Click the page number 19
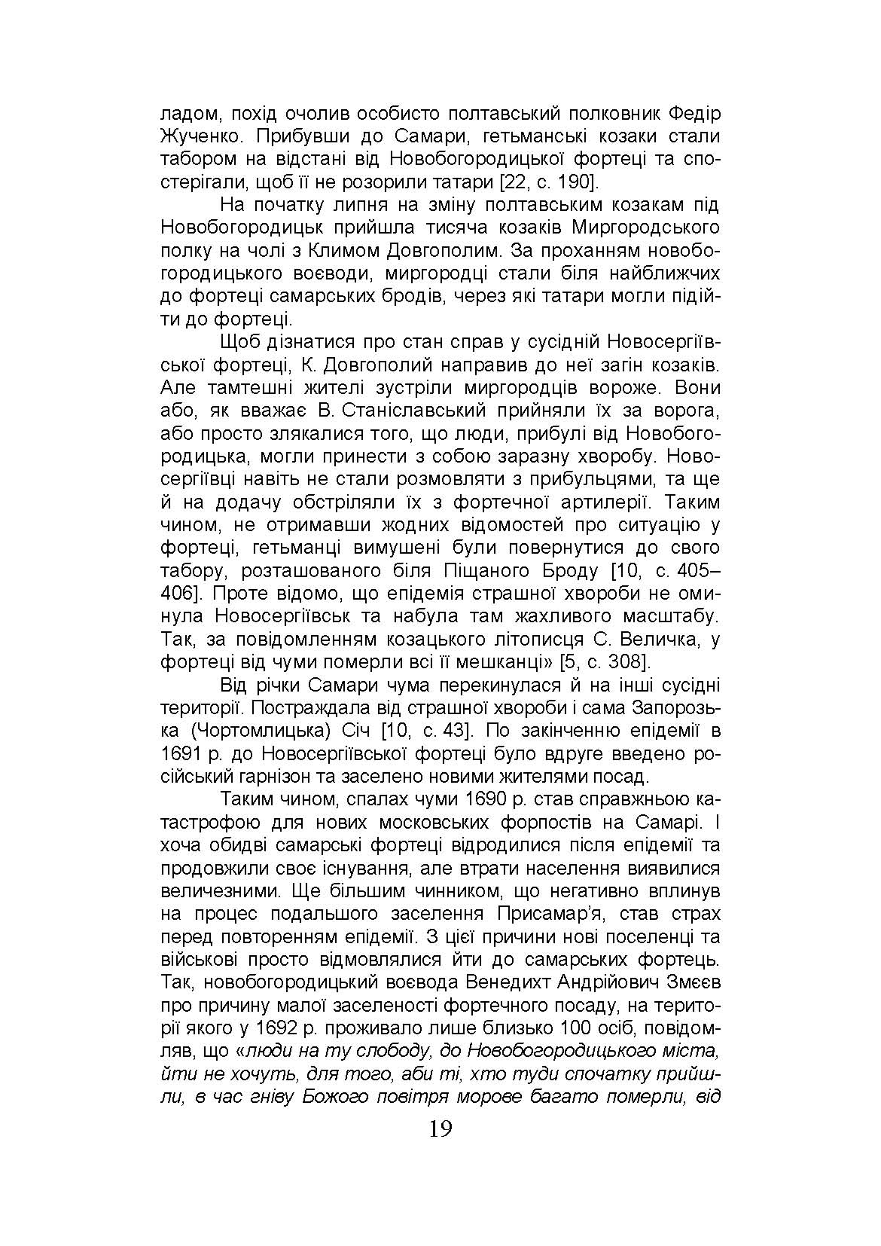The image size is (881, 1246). pos(440,1128)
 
